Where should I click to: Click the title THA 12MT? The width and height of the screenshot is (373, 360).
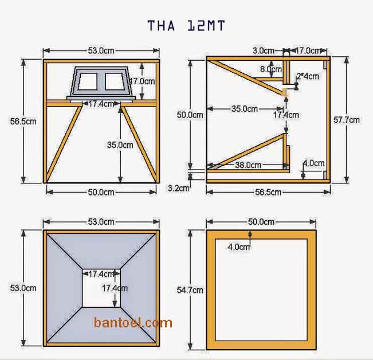(186, 25)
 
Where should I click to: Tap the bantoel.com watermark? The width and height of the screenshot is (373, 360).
(133, 323)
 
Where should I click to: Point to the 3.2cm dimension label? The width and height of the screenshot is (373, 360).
(179, 187)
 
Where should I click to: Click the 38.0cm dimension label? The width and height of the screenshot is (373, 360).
(248, 165)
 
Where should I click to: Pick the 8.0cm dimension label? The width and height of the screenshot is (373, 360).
(270, 69)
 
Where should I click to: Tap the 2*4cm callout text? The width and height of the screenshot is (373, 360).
(308, 76)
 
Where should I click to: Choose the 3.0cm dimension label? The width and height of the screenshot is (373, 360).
(264, 50)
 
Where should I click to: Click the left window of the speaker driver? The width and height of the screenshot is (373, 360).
(88, 81)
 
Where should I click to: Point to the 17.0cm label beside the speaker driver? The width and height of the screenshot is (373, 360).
(142, 81)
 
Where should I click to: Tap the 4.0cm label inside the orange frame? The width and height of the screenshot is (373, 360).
(239, 247)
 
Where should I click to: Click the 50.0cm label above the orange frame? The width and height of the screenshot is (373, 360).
(261, 221)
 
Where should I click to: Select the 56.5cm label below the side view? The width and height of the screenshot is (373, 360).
(268, 192)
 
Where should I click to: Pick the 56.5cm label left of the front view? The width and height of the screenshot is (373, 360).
(23, 121)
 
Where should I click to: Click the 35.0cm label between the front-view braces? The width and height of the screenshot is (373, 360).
(120, 145)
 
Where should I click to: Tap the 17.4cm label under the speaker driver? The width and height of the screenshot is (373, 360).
(100, 104)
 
